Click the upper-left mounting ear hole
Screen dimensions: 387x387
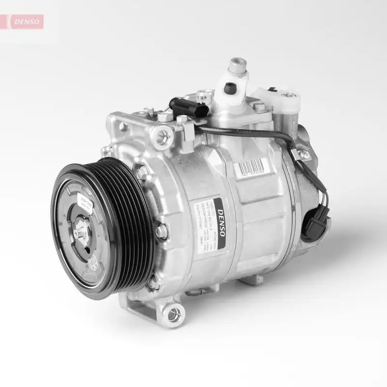(x=161, y=135)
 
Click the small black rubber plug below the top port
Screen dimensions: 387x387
(x=230, y=88)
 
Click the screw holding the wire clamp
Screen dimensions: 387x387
(x=304, y=154)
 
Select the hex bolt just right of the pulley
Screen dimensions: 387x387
(x=161, y=231)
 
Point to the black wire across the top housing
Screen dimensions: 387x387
(x=247, y=129)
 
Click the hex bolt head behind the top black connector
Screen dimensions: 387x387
(x=182, y=118)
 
